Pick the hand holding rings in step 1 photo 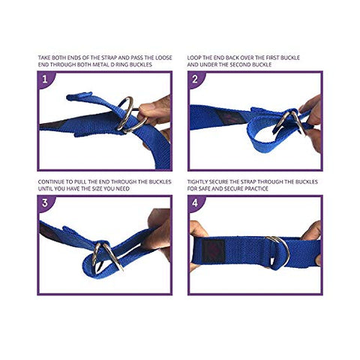[x=154, y=112]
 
